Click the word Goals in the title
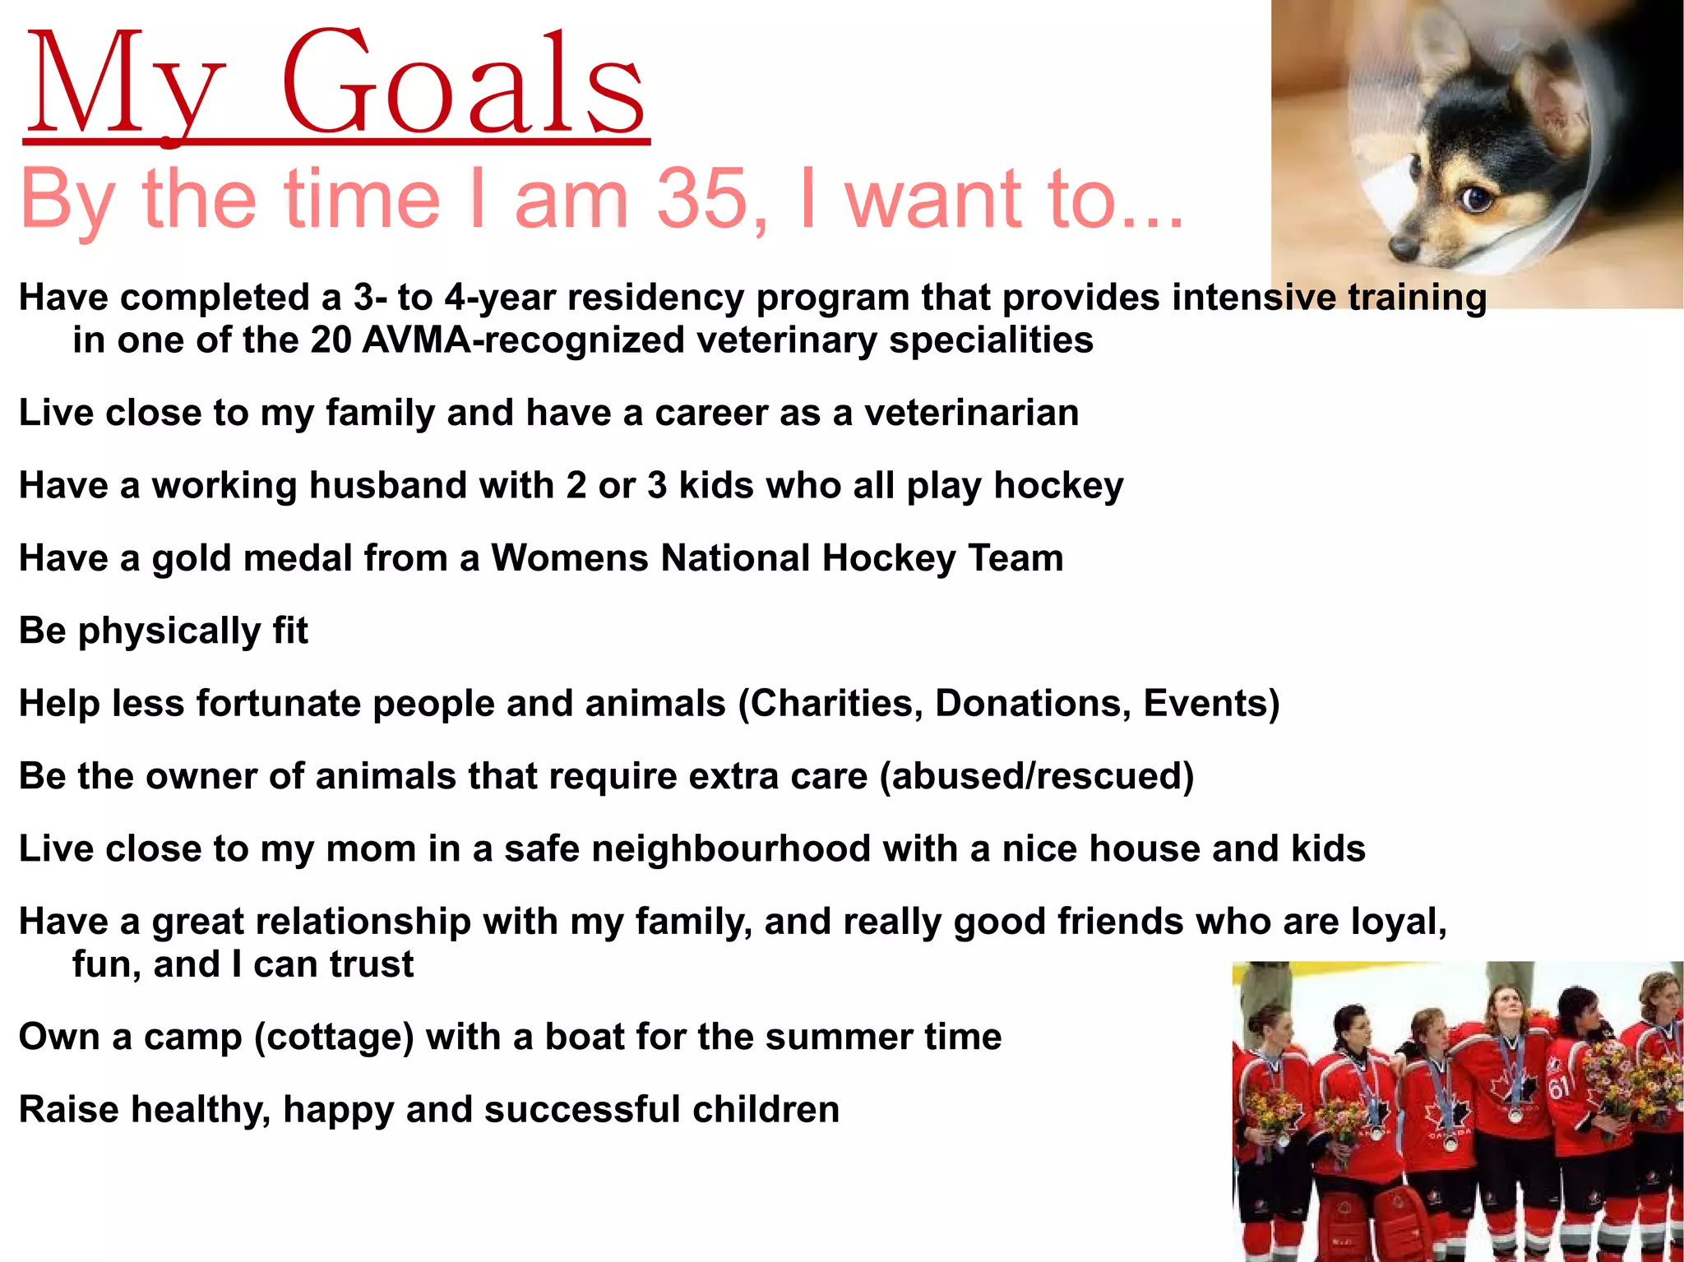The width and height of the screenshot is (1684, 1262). [465, 86]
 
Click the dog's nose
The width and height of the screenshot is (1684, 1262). [1401, 245]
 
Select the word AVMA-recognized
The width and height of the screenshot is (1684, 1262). [522, 340]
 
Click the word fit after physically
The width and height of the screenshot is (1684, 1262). [290, 631]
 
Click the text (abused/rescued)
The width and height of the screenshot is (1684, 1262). [1036, 776]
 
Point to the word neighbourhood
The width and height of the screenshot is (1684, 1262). [731, 848]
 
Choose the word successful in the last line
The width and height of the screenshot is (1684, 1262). [581, 1109]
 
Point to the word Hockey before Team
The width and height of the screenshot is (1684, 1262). [888, 558]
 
